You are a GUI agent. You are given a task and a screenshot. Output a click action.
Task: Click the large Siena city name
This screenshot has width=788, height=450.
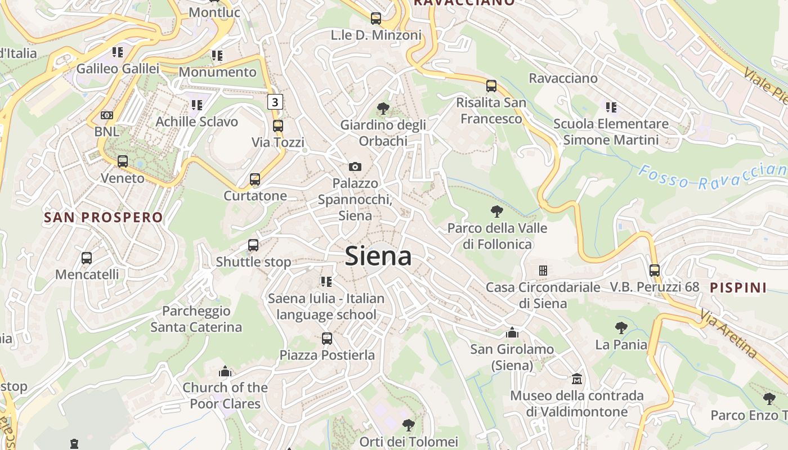coord(378,256)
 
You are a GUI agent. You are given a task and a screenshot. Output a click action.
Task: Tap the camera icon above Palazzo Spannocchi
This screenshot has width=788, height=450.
coord(355,166)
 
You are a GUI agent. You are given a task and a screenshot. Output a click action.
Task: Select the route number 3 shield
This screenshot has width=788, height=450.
coord(275,102)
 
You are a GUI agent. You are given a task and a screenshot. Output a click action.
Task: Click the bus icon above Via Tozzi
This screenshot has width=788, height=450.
coord(277,126)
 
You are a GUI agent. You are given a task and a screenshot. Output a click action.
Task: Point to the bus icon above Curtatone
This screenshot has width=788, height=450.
coord(255,179)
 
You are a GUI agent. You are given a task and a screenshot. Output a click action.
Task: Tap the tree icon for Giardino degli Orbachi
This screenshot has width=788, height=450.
coord(383,108)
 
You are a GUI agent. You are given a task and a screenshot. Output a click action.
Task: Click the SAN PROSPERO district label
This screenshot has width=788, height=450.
coord(103,217)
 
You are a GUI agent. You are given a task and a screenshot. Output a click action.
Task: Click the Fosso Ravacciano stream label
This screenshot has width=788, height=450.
coord(712,177)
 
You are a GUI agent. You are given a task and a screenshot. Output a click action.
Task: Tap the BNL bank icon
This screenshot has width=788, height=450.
coord(106,115)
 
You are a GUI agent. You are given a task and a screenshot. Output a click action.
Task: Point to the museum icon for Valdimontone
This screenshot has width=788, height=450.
coord(577,379)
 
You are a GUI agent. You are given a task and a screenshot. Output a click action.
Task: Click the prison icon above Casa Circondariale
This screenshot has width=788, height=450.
coord(543,271)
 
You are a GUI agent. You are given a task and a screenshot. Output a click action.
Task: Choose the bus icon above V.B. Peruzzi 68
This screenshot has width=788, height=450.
coord(654,270)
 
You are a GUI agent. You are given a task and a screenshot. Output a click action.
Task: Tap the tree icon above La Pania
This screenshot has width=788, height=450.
coord(621,327)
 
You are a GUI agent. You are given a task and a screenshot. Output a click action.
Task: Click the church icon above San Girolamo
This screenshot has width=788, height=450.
coord(512,332)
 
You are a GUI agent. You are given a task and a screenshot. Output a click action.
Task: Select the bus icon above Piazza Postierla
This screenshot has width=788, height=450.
coord(327,339)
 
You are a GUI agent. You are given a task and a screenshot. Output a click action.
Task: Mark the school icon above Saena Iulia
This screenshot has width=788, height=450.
coord(326,281)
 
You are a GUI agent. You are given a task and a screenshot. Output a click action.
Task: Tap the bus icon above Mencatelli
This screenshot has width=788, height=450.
coord(87,258)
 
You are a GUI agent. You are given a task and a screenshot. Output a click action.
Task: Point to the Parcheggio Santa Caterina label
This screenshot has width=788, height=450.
coord(196,319)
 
